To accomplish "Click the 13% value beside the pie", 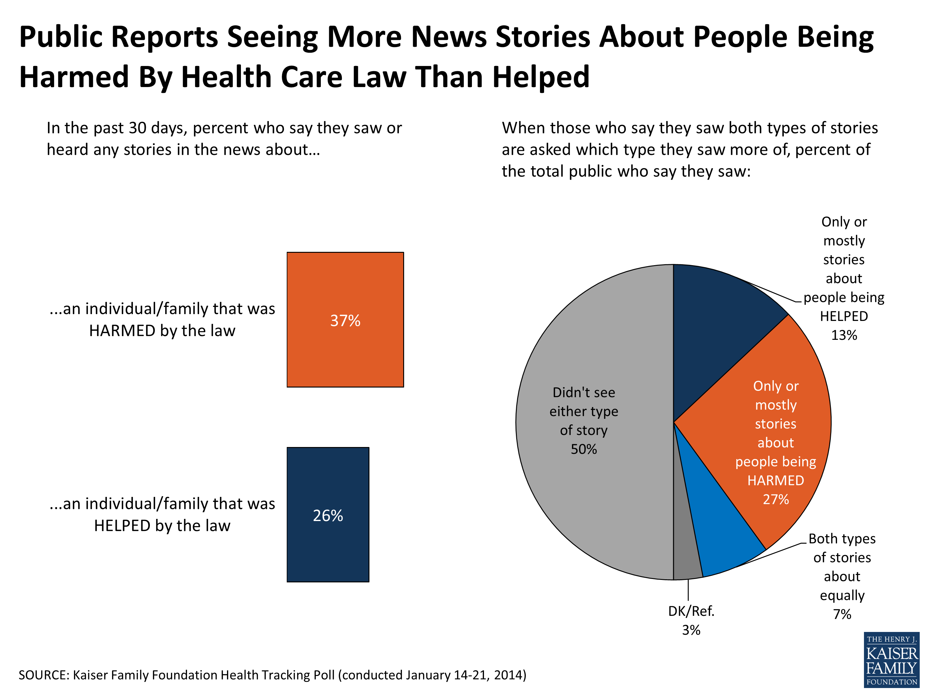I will pos(844,335).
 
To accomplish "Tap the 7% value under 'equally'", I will pos(842,614).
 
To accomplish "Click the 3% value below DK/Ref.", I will pos(691,630).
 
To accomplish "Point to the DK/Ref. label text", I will pos(691,611).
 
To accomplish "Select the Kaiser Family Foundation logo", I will pos(891,660).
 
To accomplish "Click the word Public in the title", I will pos(60,37).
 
